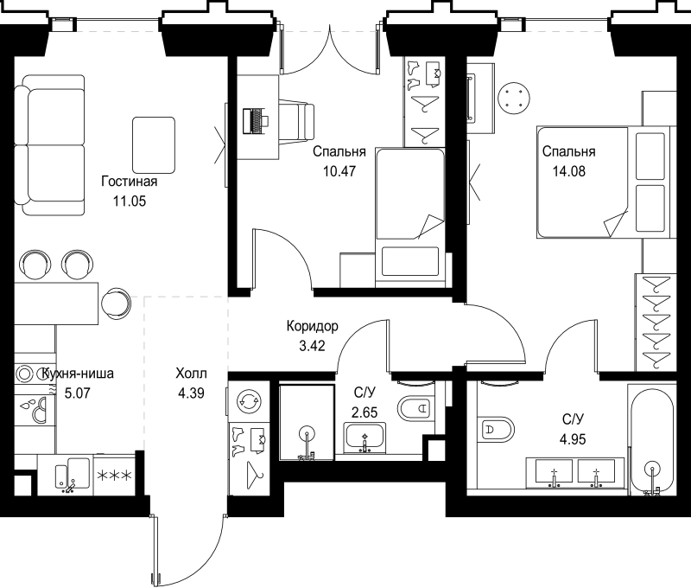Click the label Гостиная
(129, 182)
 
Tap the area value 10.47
(339, 170)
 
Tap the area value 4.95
(574, 438)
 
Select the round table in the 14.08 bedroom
(515, 98)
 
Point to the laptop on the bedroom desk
(256, 121)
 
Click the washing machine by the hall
(249, 400)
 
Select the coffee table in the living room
(153, 143)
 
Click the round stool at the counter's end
(115, 302)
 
